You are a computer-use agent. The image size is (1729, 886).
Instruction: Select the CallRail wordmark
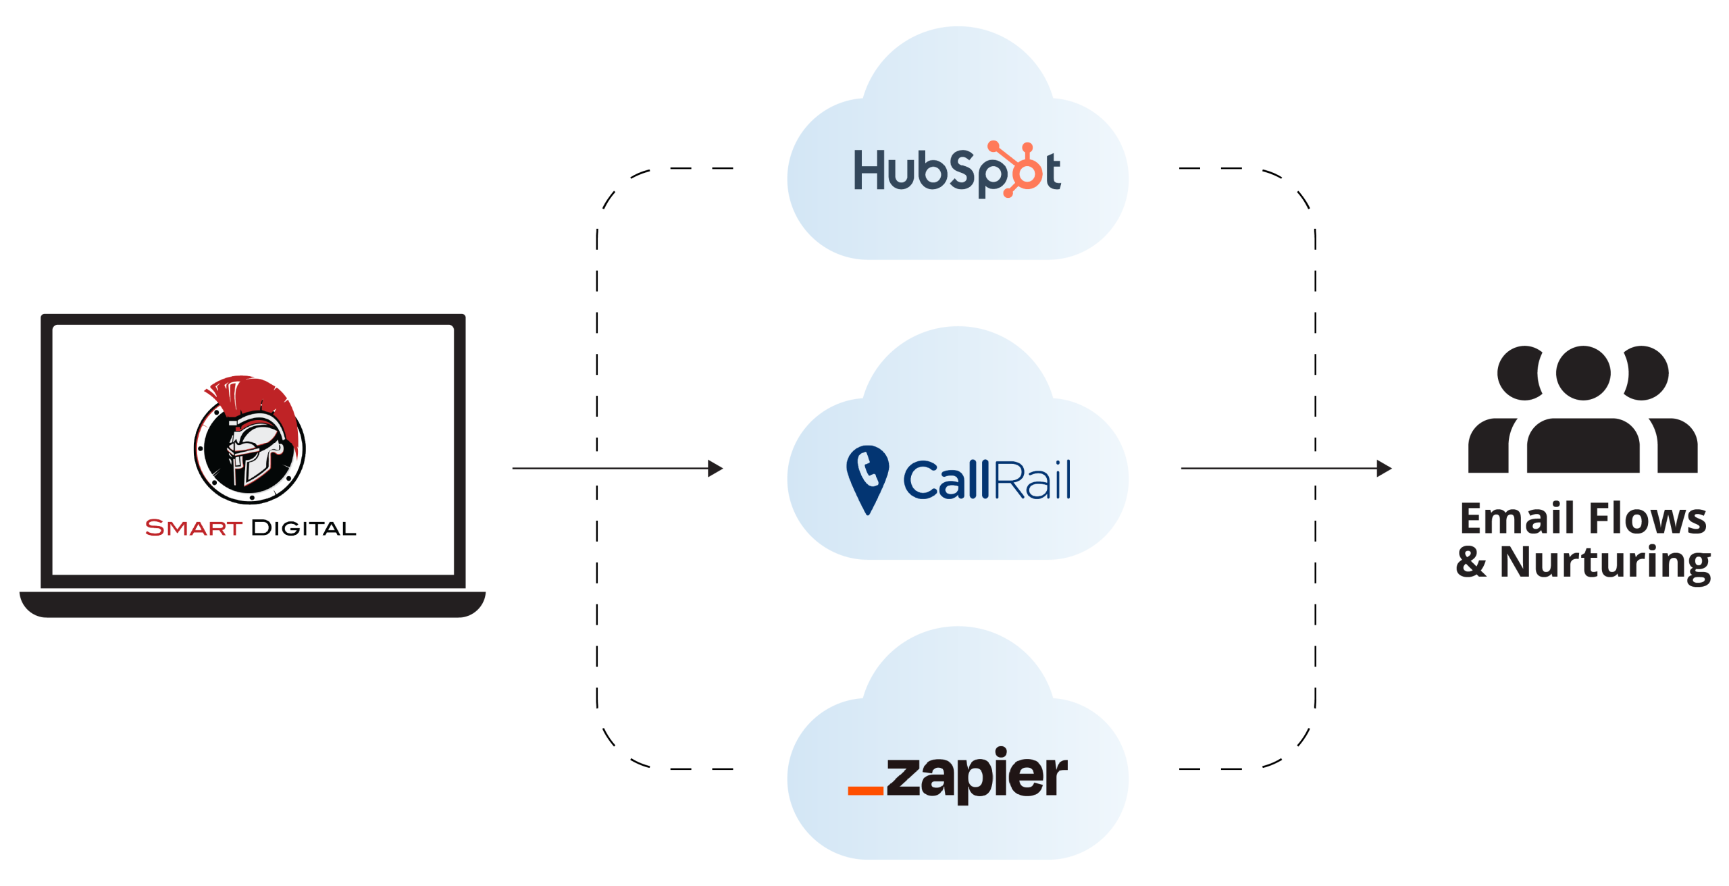(986, 480)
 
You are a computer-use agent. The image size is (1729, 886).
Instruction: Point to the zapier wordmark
(977, 775)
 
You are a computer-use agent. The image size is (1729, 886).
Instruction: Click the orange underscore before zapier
(866, 789)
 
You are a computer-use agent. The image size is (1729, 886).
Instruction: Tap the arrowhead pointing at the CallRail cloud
(716, 468)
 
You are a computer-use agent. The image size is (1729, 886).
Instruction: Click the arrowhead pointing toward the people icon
(1385, 468)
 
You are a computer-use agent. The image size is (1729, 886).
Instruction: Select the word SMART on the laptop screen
(193, 527)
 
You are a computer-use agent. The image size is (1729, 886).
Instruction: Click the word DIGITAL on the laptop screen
(303, 527)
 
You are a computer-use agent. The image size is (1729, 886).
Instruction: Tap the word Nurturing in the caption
(1605, 562)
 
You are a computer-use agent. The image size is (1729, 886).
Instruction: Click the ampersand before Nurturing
(1471, 562)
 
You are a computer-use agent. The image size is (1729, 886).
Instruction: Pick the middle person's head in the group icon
(1582, 373)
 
